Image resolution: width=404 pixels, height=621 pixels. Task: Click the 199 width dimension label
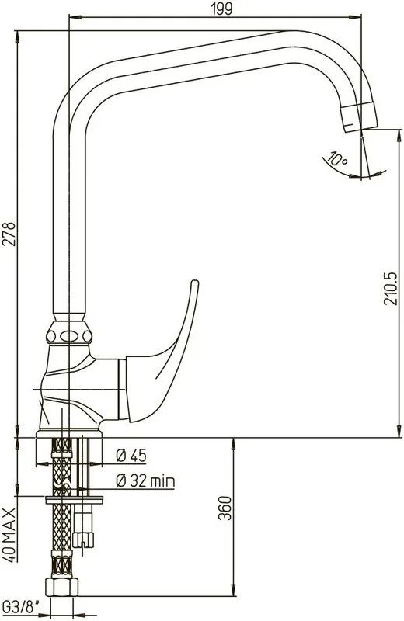221,9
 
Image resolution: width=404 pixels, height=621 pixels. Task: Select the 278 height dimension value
9,234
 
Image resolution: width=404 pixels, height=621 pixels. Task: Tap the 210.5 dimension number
391,288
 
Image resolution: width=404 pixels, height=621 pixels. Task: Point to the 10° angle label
336,159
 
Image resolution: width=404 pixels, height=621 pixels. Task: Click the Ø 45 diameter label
131,456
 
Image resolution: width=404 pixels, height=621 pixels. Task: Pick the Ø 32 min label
145,480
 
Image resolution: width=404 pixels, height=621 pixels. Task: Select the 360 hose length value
225,508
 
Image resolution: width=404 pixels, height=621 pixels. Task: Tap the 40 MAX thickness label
9,535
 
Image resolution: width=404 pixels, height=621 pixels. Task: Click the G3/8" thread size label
22,607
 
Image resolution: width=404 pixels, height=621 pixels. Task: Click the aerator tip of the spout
359,116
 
